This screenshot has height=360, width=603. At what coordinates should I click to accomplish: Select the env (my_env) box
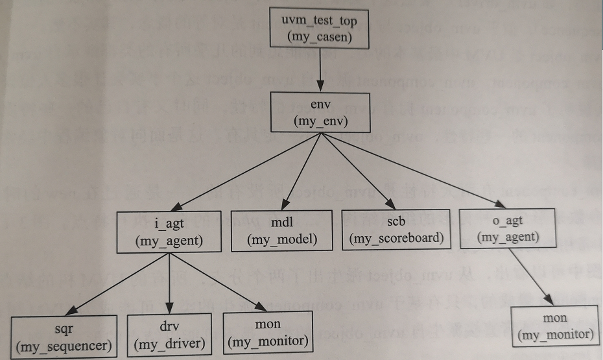tap(320, 113)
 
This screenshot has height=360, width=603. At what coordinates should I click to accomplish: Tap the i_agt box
tap(170, 232)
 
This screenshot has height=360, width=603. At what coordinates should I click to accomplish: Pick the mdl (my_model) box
tap(283, 230)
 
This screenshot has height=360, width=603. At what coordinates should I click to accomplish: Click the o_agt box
tap(508, 228)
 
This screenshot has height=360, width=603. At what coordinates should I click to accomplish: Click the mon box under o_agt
tap(556, 326)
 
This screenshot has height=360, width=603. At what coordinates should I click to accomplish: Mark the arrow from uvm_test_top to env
tap(320, 71)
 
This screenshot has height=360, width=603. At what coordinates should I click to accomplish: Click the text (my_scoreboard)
tap(396, 238)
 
